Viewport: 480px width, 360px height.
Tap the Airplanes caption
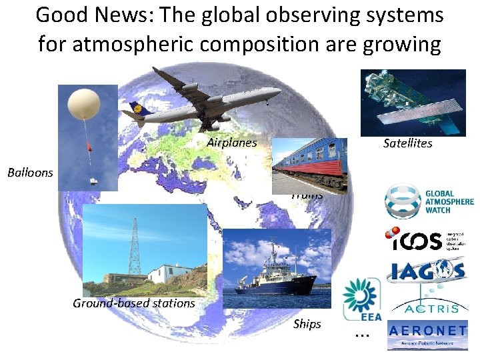pos(231,142)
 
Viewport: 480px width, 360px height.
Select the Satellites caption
pos(407,143)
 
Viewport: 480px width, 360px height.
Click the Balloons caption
pos(30,173)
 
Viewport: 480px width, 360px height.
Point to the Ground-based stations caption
pos(133,304)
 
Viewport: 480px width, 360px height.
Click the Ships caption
pos(307,324)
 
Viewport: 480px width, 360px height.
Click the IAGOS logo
pos(425,271)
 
